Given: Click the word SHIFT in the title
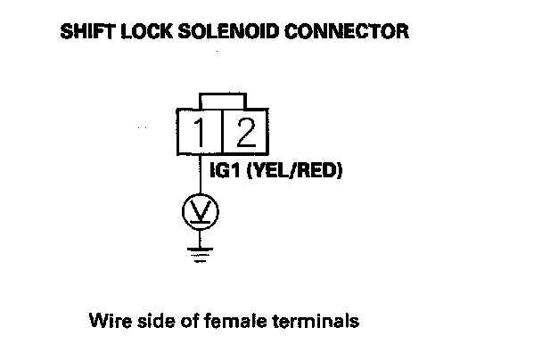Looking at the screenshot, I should tap(85, 34).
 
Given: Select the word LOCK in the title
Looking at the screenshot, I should tap(143, 34).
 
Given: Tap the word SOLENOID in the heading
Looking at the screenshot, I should tap(218, 34).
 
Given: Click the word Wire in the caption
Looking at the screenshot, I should tap(106, 318).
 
